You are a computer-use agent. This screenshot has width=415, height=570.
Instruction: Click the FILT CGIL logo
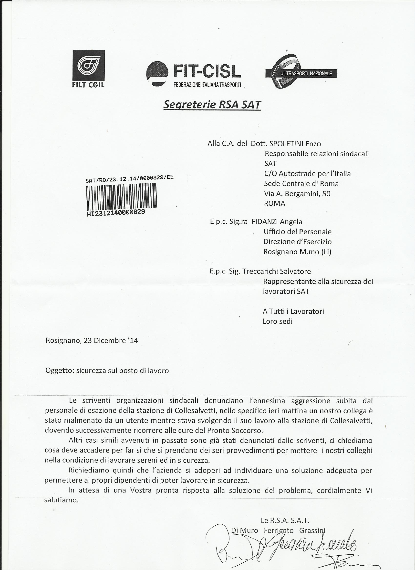click(x=89, y=68)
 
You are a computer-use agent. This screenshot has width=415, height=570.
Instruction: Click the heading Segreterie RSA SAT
click(x=212, y=105)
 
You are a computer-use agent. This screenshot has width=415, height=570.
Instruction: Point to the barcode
click(x=122, y=196)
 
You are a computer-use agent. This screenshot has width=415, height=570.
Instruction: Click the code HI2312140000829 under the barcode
click(x=116, y=213)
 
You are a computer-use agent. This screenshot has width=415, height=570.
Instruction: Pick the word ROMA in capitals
click(x=274, y=203)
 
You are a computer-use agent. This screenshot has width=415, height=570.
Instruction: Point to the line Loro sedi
click(x=277, y=321)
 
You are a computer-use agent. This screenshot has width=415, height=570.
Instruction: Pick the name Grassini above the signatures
click(x=312, y=530)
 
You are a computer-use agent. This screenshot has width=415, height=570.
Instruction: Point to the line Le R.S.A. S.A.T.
click(x=285, y=520)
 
